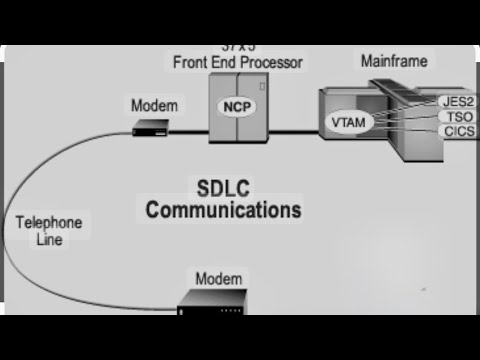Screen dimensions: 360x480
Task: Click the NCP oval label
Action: (x=236, y=105)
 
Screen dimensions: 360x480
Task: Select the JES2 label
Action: (x=456, y=102)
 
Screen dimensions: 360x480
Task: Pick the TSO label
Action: (x=454, y=117)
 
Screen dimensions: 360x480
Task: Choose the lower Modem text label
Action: (x=218, y=278)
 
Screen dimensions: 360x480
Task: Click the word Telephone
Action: (x=48, y=222)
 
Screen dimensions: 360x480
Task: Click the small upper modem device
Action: (x=152, y=127)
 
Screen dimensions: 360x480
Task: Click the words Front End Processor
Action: (x=237, y=62)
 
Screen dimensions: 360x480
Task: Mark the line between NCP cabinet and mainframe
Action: (x=292, y=130)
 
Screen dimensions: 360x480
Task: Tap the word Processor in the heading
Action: (x=269, y=62)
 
